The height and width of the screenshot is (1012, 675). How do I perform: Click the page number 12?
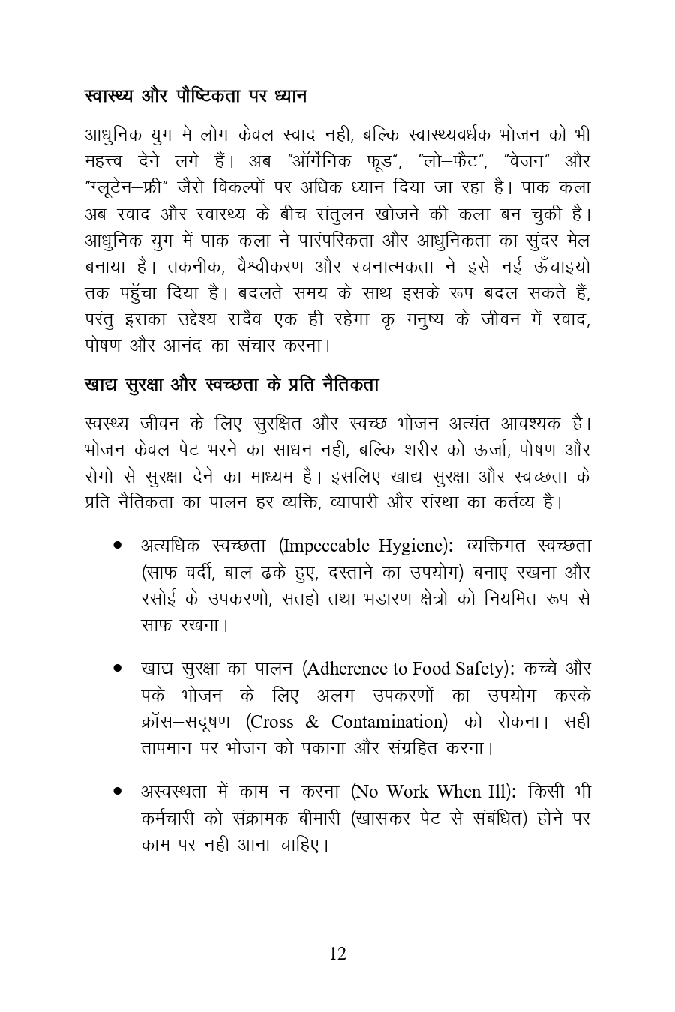tap(337, 954)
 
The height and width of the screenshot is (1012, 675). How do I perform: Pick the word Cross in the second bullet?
tap(271, 721)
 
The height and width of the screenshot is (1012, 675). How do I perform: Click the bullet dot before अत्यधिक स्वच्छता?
tap(118, 546)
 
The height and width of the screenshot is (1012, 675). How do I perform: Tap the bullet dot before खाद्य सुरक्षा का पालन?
tap(118, 668)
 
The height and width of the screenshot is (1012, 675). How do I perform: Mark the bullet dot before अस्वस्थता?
tap(118, 791)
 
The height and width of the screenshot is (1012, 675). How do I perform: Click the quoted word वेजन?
tap(529, 161)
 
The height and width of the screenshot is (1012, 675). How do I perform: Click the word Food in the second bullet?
tap(423, 668)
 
